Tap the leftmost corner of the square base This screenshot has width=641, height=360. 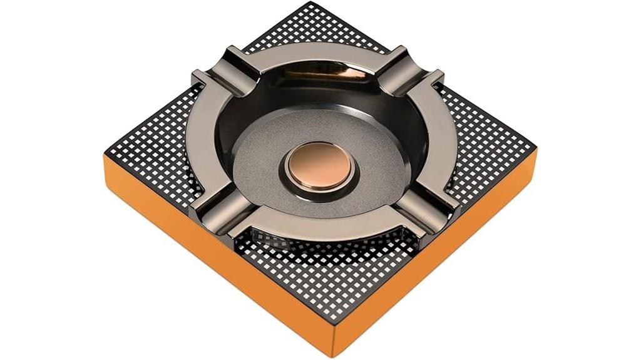(105, 157)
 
